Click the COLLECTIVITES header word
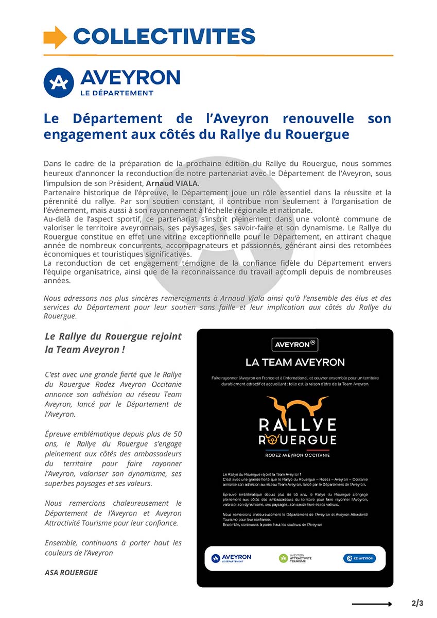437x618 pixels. coord(164,37)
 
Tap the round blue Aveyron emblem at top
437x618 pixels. coord(59,82)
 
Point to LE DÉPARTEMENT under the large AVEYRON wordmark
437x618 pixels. coord(117,93)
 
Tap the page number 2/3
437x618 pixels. coord(417,603)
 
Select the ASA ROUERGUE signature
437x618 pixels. coord(71,572)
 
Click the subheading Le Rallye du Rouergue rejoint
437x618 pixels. coord(113,336)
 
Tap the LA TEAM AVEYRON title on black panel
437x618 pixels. coord(295,362)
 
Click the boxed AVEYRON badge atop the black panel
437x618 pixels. coord(295,344)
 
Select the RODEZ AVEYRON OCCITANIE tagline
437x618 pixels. coord(297,455)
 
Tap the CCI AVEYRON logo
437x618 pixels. coord(359,558)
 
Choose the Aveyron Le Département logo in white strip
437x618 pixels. coord(231,558)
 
